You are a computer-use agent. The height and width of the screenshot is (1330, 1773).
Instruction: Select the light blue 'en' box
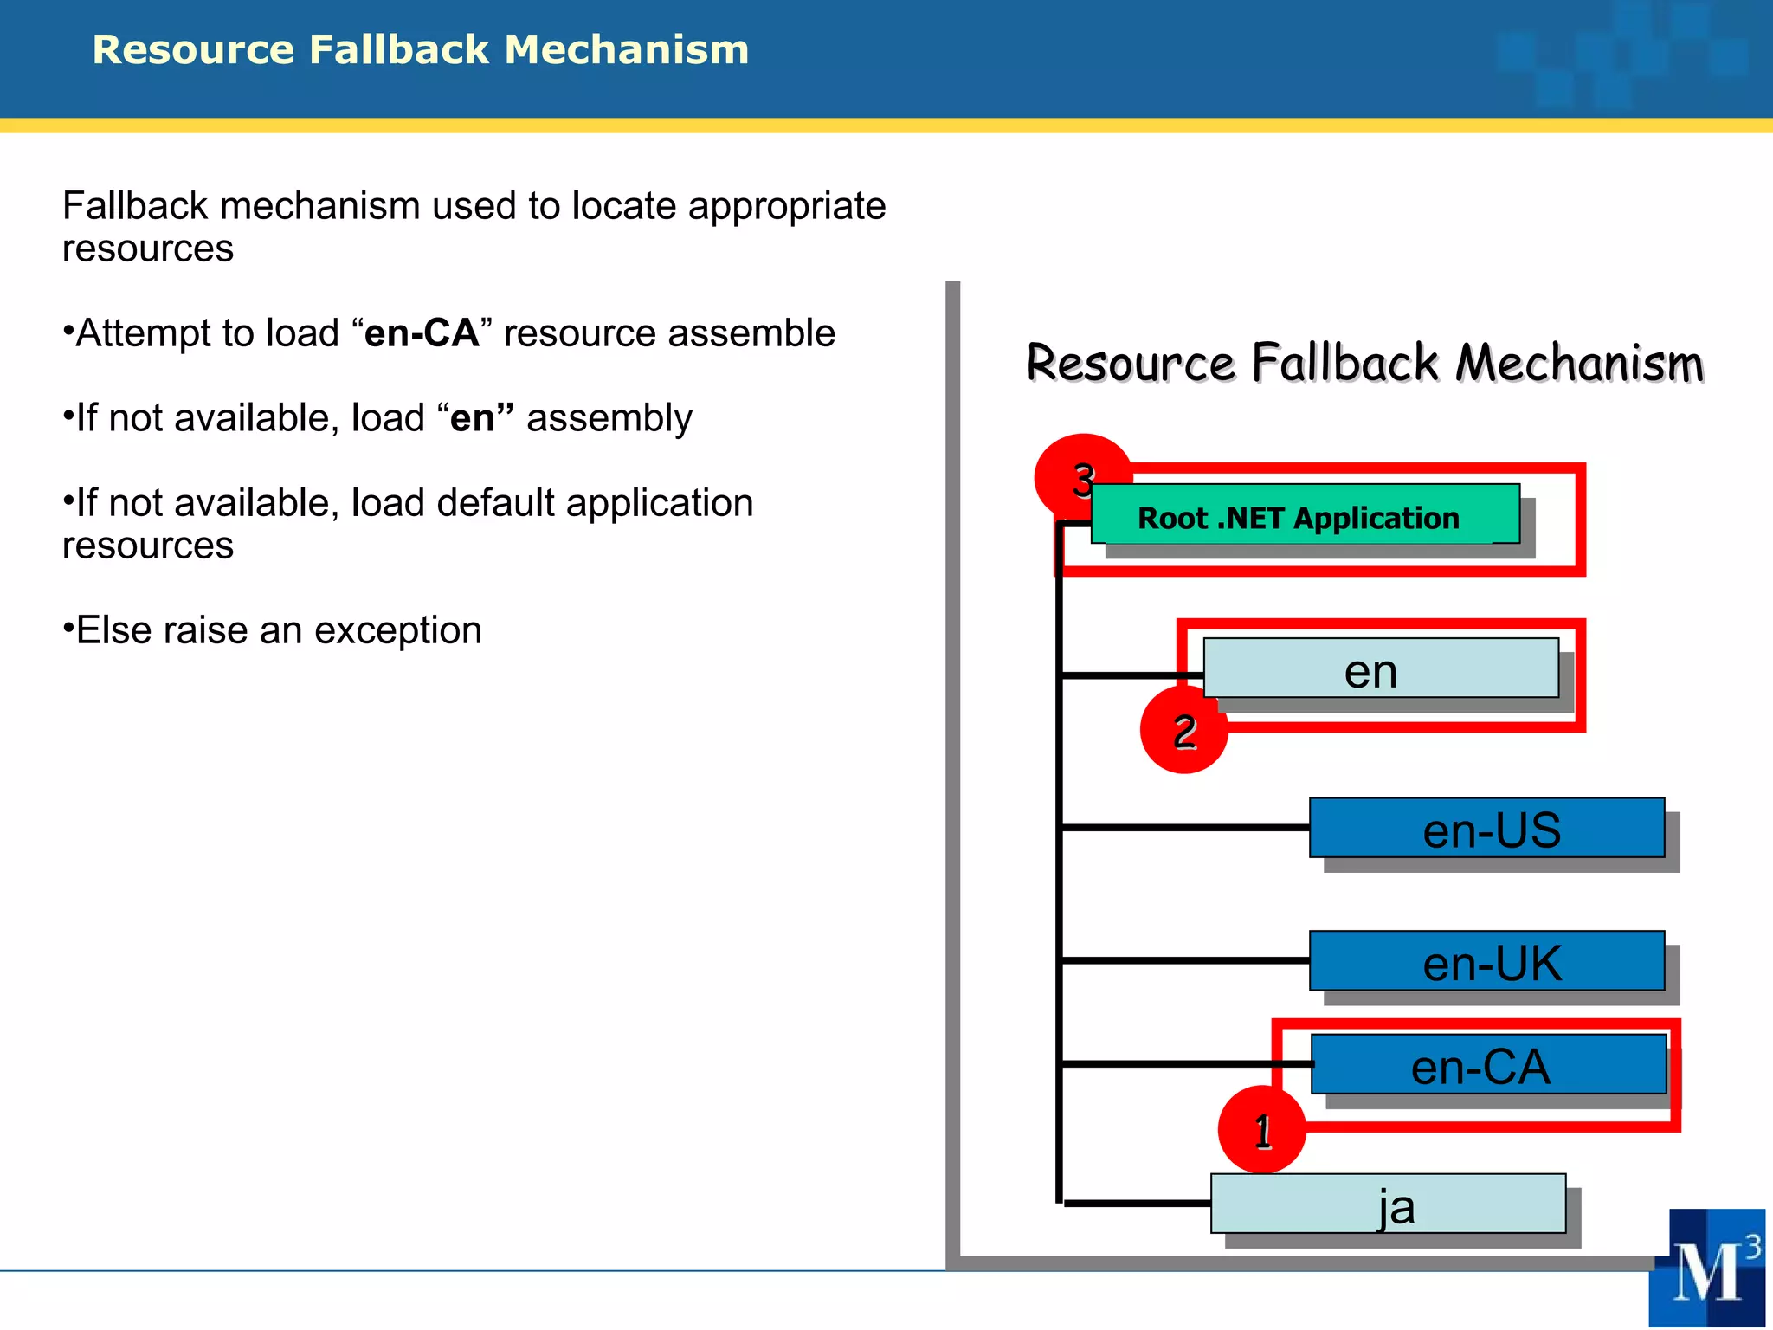pos(1380,668)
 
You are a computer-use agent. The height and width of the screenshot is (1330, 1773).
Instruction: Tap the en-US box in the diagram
pos(1486,828)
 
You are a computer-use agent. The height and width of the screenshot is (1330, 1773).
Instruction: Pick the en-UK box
pos(1486,960)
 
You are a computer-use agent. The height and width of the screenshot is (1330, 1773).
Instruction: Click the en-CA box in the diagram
pos(1488,1064)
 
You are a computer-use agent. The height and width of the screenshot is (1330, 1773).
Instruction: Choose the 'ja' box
pos(1388,1204)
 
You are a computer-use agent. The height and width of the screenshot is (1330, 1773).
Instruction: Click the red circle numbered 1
pos(1261,1130)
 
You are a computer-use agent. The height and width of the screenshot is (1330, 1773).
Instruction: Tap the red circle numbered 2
pos(1183,731)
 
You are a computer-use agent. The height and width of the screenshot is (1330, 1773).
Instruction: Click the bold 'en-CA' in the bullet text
pos(422,333)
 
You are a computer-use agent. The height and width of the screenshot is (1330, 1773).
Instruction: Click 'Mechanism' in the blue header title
pos(627,49)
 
